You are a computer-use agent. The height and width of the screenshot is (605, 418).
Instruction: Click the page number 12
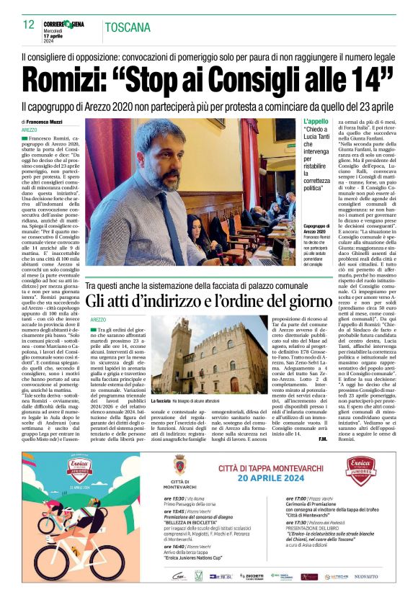28,26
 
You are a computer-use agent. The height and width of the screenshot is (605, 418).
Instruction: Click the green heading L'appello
316,122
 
